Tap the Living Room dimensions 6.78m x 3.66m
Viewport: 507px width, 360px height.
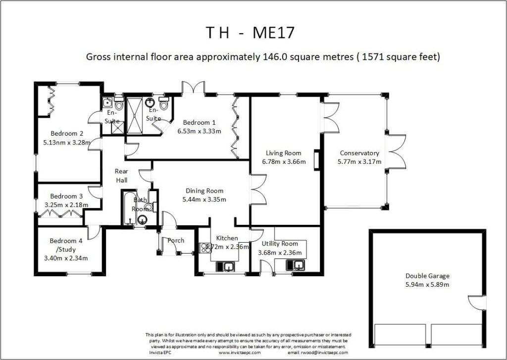pos(284,161)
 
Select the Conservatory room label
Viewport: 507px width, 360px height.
pos(359,153)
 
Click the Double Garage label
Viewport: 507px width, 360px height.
pos(427,276)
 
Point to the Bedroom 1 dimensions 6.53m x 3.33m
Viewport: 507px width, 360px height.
pos(199,131)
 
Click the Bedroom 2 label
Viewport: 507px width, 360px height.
pos(67,133)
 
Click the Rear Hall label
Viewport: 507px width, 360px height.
pos(122,176)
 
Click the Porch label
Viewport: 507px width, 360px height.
pos(176,241)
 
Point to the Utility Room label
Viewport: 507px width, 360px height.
pos(280,244)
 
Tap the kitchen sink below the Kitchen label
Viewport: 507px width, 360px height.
pos(228,267)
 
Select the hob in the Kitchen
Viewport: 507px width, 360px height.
pos(204,247)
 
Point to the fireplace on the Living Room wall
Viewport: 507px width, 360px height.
pos(316,160)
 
